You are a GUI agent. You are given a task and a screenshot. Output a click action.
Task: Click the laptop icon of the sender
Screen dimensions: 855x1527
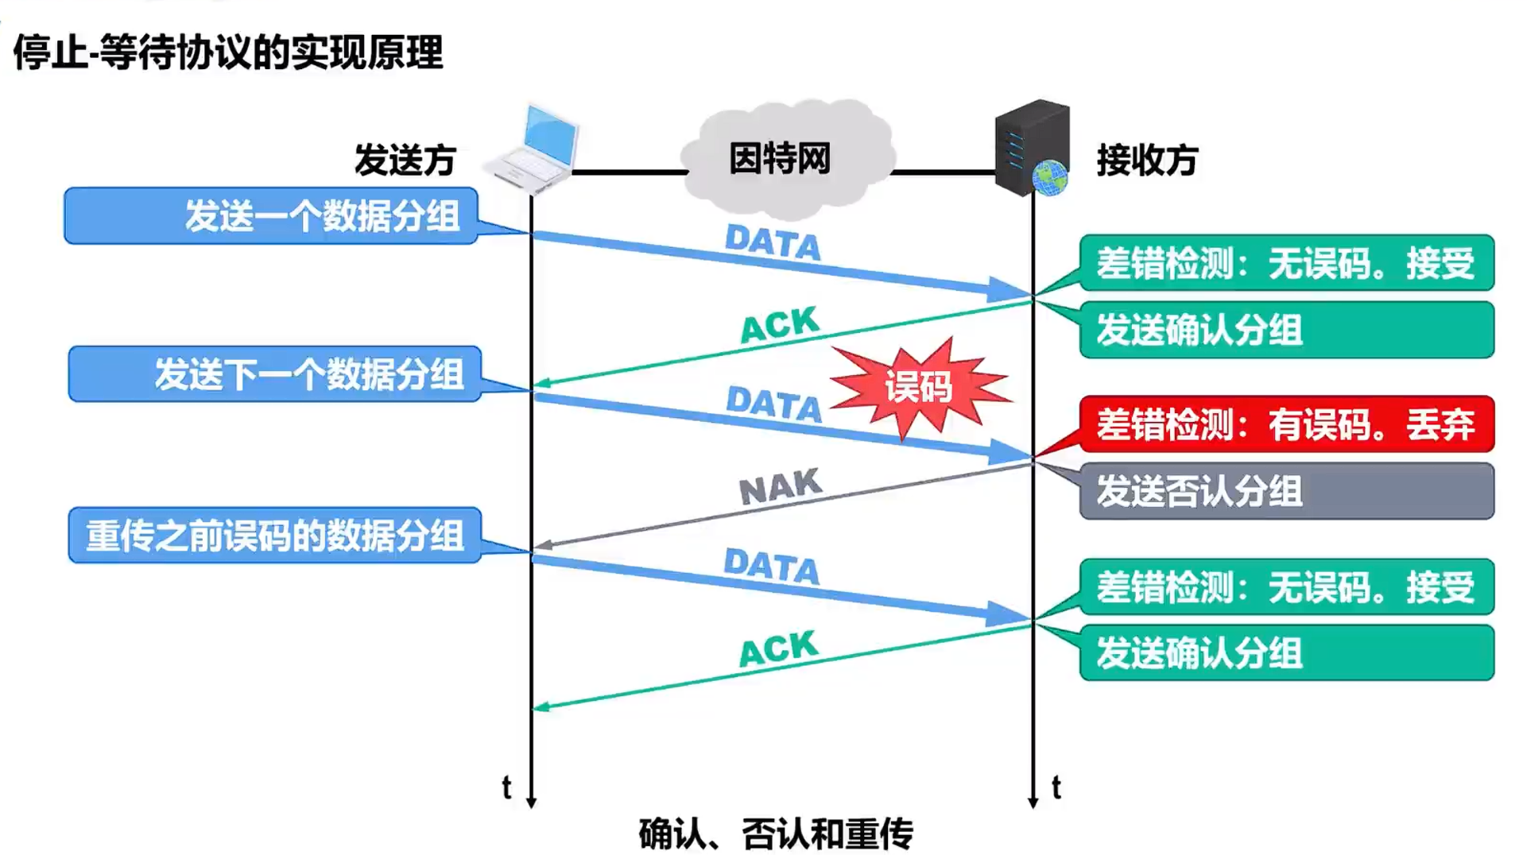(533, 149)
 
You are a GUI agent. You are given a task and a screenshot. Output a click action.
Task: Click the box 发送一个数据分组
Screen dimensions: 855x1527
(270, 215)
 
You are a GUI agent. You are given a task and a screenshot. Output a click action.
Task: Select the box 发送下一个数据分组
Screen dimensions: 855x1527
(274, 374)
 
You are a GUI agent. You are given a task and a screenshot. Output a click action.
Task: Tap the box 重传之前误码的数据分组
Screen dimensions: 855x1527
(274, 536)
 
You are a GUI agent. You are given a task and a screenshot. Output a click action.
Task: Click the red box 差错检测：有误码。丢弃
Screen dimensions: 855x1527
(1286, 424)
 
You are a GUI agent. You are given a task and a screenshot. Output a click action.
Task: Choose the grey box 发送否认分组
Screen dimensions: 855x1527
(1286, 491)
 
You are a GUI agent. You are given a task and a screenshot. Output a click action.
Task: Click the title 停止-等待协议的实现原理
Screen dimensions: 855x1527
(228, 52)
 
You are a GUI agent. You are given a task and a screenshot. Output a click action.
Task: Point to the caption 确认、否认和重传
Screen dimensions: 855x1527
(776, 834)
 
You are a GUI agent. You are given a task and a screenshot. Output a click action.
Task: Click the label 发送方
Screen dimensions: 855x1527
(405, 161)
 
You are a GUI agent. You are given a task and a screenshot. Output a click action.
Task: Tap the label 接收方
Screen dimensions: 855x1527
(1147, 161)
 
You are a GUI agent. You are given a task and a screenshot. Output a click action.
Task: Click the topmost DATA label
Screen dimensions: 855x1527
(773, 242)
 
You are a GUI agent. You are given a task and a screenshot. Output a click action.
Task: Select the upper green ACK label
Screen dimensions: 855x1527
(779, 324)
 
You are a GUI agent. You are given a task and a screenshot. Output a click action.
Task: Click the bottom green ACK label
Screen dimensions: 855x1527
(778, 648)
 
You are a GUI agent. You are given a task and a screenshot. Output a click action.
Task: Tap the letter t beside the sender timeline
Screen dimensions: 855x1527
(506, 787)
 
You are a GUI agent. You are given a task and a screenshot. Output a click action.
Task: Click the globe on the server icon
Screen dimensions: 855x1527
(1050, 178)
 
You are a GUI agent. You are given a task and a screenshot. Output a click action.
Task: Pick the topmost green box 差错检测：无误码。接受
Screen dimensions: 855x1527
(1286, 263)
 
